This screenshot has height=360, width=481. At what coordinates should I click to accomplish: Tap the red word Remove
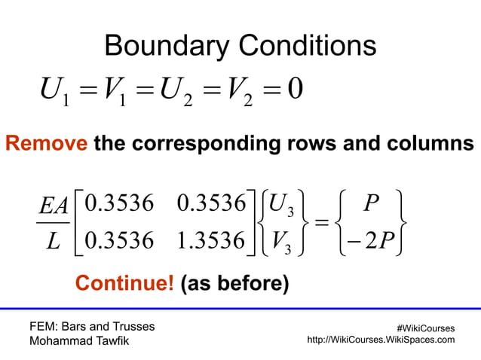(46, 143)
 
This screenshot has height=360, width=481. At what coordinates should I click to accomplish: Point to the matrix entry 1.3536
(212, 243)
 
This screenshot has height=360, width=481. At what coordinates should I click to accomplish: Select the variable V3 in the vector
(286, 243)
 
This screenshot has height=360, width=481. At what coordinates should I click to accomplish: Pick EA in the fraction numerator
(54, 206)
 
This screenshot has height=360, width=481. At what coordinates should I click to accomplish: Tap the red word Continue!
(125, 284)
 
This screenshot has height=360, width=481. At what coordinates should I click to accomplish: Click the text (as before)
(234, 284)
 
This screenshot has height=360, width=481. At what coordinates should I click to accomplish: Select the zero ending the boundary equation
(295, 94)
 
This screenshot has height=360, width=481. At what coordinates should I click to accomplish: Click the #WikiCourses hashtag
(425, 328)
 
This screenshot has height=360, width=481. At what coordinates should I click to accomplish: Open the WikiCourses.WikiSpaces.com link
(381, 340)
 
